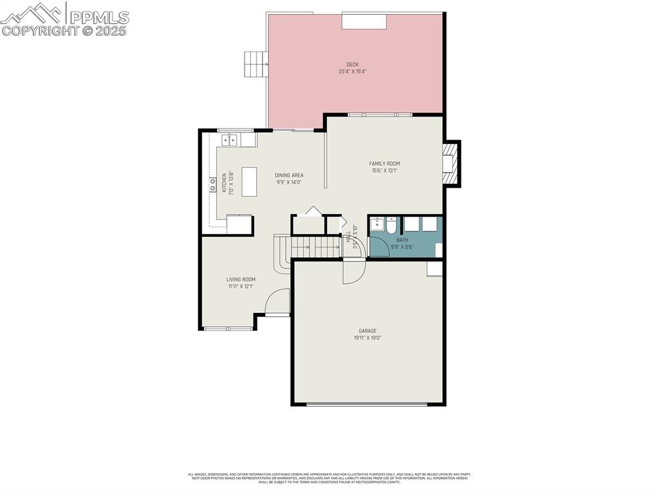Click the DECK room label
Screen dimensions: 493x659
click(x=353, y=64)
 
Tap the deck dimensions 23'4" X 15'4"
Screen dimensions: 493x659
click(x=353, y=71)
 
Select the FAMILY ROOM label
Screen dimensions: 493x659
click(x=384, y=164)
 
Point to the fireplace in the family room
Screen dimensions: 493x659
click(x=450, y=163)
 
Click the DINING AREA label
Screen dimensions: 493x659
click(x=289, y=175)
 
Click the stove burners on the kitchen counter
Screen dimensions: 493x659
click(x=212, y=185)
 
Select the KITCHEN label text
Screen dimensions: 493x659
click(x=224, y=183)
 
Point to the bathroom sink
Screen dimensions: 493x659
click(x=376, y=225)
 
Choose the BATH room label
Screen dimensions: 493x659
click(x=402, y=240)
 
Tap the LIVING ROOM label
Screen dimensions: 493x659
click(x=241, y=280)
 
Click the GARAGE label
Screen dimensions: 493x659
click(x=367, y=331)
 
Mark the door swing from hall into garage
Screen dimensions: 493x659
click(x=353, y=271)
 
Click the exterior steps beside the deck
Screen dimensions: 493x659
click(x=255, y=64)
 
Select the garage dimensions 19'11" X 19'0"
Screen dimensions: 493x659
click(x=367, y=338)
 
